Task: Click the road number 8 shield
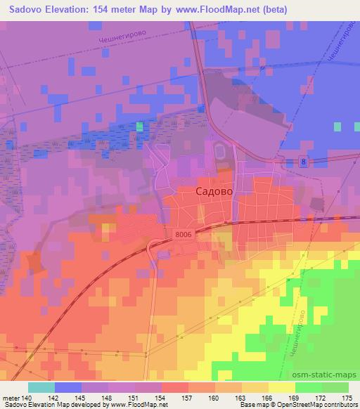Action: (303, 162)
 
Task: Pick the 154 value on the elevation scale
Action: (165, 397)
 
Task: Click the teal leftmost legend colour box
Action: (41, 387)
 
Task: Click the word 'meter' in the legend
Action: (13, 397)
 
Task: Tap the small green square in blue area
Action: (139, 126)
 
